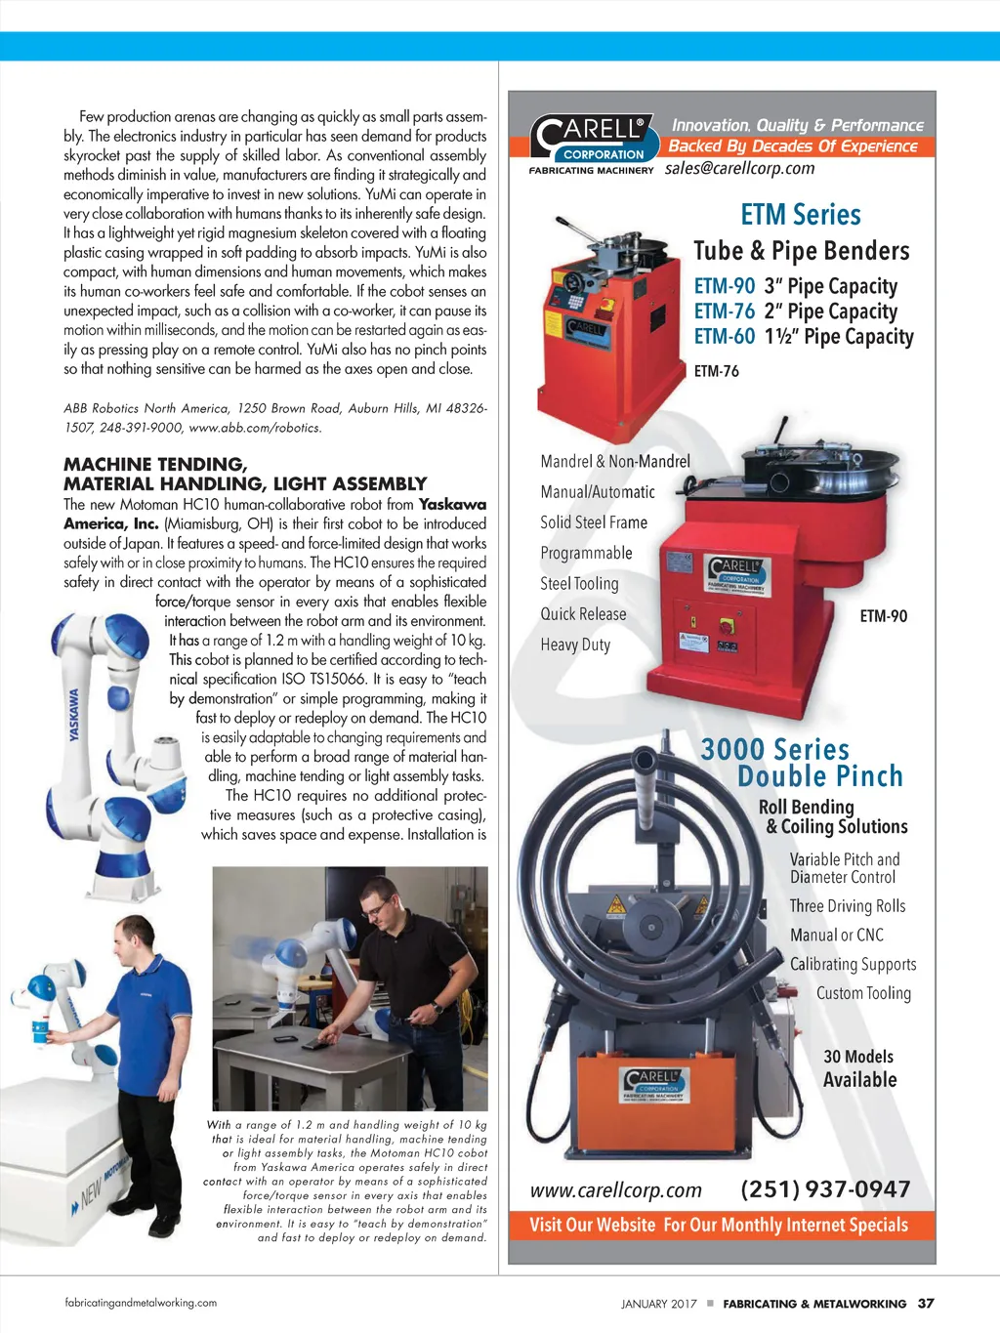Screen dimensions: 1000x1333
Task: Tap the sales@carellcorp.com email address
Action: click(739, 168)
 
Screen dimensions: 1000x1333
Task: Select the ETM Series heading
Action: click(800, 215)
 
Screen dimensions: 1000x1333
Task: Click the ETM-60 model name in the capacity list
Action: click(725, 336)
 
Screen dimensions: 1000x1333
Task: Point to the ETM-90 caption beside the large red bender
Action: click(884, 616)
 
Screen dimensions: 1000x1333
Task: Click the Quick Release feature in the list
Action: click(583, 614)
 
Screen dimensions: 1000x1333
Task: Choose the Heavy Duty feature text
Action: click(575, 645)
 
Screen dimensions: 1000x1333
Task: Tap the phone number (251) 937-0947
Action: click(825, 1189)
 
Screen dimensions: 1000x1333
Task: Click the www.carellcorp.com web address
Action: click(615, 1190)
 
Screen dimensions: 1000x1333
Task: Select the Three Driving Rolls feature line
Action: click(847, 906)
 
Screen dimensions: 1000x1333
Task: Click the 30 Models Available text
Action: click(859, 1068)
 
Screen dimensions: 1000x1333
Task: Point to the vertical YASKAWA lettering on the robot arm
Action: click(74, 714)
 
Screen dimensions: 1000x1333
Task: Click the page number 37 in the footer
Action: click(926, 1304)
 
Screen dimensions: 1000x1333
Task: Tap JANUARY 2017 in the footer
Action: click(659, 1304)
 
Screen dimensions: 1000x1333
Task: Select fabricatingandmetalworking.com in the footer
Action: click(141, 1303)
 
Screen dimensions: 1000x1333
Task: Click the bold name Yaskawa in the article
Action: click(452, 505)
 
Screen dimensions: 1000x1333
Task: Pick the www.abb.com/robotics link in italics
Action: click(255, 428)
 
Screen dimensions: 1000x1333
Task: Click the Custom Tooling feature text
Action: click(863, 993)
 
